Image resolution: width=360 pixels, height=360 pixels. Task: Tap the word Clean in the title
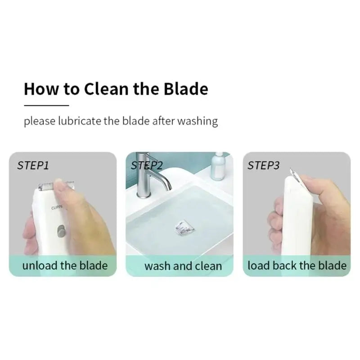pos(106,89)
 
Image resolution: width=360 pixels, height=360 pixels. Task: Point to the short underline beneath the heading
pos(47,105)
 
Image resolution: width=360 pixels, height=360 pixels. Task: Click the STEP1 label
pos(33,165)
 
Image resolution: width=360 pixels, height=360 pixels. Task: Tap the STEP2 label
pos(147,165)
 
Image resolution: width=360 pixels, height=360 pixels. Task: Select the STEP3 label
pos(264,165)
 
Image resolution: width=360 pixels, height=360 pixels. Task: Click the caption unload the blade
pos(65,265)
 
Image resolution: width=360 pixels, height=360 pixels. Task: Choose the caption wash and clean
pos(183,266)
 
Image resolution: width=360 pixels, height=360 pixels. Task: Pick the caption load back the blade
pos(297,265)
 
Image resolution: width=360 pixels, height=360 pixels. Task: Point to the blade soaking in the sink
pos(184,228)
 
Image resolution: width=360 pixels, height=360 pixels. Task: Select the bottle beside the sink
pos(217,166)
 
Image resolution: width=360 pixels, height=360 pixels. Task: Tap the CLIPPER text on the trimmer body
pos(57,207)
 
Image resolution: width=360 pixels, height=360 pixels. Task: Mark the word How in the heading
pos(41,89)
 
